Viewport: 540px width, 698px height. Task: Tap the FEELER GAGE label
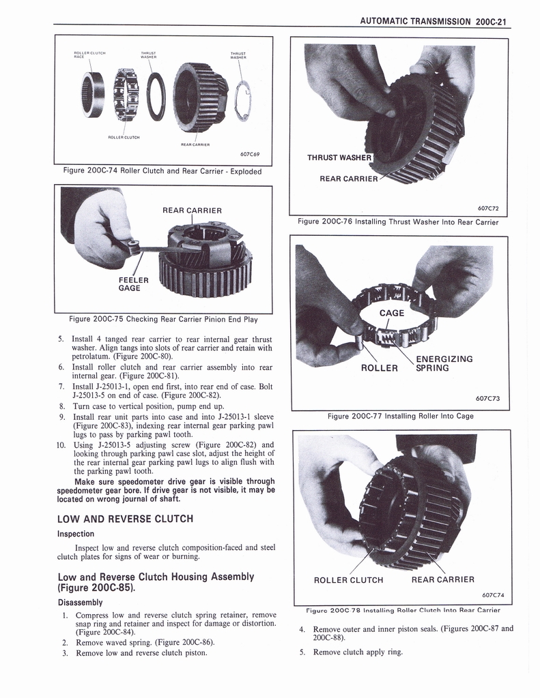click(129, 284)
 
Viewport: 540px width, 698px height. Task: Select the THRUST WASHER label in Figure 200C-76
click(338, 158)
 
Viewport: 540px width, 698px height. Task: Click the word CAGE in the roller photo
click(392, 313)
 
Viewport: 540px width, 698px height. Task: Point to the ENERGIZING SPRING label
click(444, 363)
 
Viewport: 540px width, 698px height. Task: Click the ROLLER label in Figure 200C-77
click(379, 368)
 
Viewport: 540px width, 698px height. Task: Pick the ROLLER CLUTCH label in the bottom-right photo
click(348, 580)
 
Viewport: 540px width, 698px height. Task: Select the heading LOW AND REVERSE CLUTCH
click(125, 519)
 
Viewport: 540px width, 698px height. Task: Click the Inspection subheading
click(75, 534)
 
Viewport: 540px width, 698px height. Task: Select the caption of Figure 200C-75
click(163, 319)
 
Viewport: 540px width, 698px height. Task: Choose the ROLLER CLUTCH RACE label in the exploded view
click(89, 54)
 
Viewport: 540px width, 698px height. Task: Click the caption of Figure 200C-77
click(400, 416)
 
